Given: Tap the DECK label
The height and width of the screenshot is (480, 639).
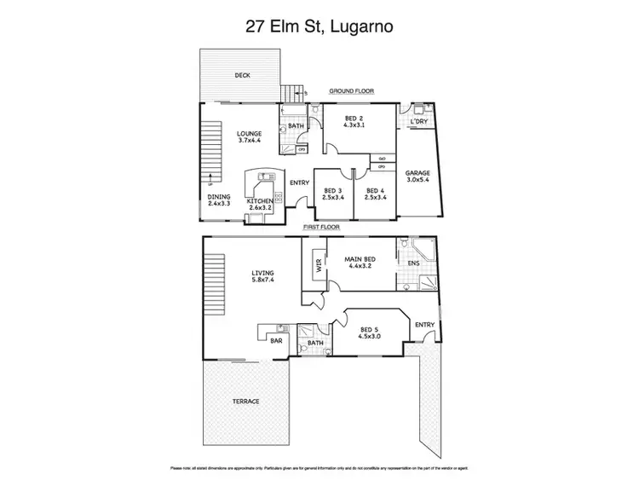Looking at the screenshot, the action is pos(243,75).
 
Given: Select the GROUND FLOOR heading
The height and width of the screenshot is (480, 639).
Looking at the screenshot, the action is pos(352,91).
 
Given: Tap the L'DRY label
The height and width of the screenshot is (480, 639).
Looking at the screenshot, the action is pos(417,122).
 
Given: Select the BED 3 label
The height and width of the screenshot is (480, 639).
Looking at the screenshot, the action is pos(332,194).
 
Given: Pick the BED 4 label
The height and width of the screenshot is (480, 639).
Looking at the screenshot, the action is pos(376,194).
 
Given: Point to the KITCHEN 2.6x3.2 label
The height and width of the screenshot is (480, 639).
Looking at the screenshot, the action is pos(260,204).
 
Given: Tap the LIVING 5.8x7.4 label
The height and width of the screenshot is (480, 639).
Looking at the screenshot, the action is pos(263,276).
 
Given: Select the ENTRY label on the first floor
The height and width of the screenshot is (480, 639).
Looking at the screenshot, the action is pos(423,325).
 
